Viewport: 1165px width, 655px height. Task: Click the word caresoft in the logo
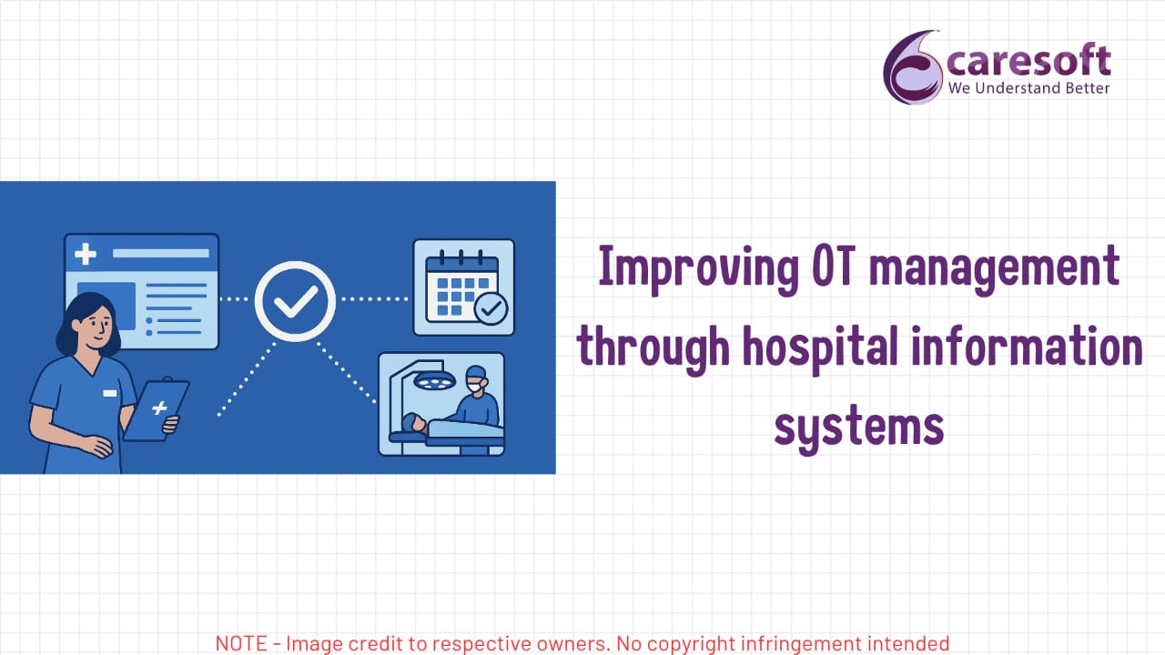click(1028, 60)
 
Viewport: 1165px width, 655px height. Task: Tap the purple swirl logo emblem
click(913, 67)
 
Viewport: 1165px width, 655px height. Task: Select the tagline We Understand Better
click(1028, 88)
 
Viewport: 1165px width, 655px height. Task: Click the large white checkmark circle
click(295, 301)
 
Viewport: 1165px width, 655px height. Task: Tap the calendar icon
click(462, 287)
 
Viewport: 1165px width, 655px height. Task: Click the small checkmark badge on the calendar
click(491, 308)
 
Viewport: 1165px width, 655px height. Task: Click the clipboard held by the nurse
click(156, 409)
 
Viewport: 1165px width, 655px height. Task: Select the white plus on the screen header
click(86, 254)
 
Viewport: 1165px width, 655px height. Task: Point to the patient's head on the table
click(414, 424)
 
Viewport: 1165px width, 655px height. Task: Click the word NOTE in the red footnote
click(241, 643)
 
